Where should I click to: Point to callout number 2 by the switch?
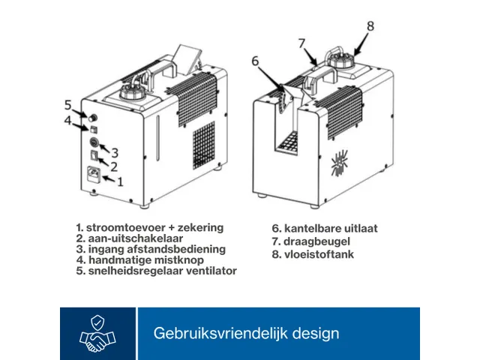115,166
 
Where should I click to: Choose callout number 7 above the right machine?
302,42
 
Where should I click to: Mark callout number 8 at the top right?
370,25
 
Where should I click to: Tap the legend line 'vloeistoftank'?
313,254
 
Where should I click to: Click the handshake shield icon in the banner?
97,334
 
